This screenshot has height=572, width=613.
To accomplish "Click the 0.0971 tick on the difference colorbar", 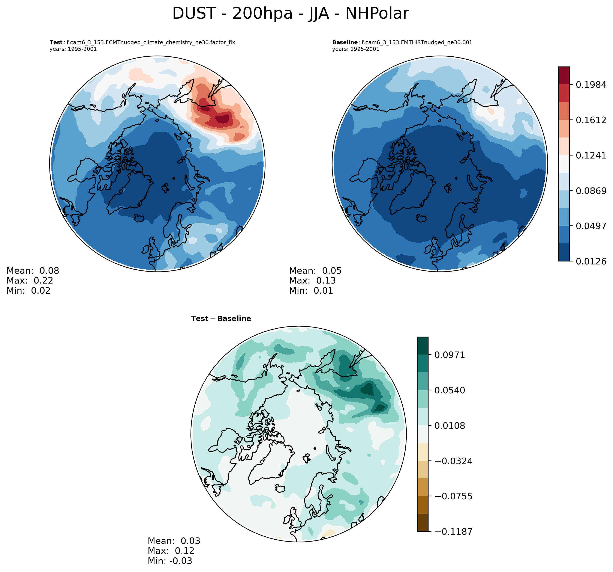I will [x=450, y=355].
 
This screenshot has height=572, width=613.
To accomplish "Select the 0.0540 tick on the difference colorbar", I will [x=450, y=390].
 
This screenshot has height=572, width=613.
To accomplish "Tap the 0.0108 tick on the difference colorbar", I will [x=450, y=426].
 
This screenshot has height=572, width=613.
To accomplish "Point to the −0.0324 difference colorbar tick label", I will [x=453, y=461].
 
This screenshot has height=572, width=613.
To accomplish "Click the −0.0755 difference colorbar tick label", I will [x=453, y=496].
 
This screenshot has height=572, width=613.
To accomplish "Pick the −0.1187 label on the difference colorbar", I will [x=453, y=531].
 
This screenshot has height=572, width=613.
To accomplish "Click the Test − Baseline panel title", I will [x=221, y=318].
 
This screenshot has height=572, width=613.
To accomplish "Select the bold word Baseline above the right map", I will [x=345, y=42].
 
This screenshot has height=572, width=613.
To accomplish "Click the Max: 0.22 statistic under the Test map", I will [x=30, y=281].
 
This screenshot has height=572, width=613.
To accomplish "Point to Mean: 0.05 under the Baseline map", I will [x=315, y=271].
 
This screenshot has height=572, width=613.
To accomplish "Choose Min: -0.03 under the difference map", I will [x=170, y=561].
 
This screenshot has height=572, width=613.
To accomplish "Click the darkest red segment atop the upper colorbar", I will [x=564, y=75].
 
